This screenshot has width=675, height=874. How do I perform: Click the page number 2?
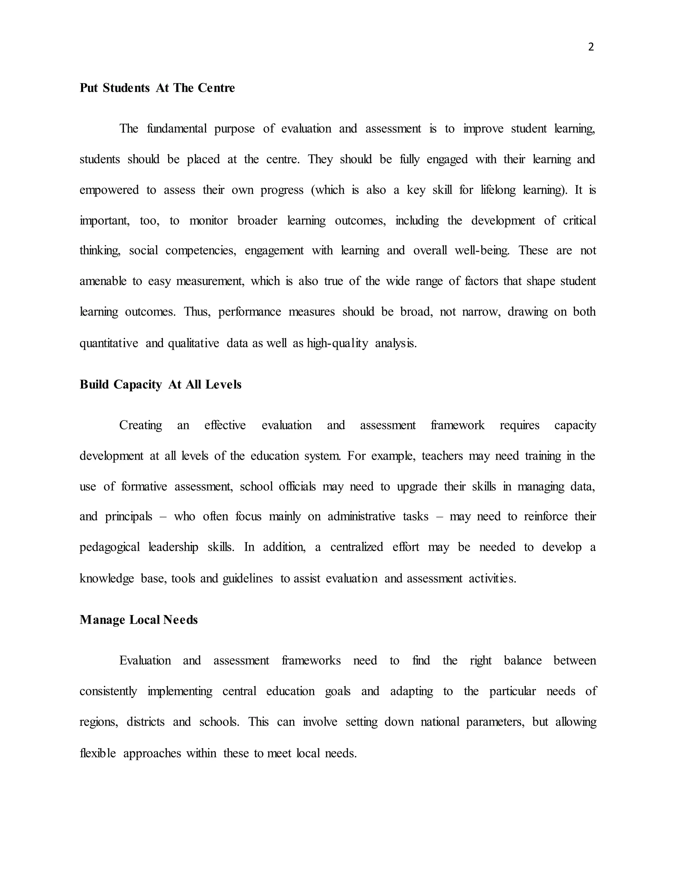pyautogui.click(x=591, y=47)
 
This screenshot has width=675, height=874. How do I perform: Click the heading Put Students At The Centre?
pyautogui.click(x=157, y=88)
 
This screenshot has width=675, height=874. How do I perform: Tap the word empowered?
pyautogui.click(x=109, y=190)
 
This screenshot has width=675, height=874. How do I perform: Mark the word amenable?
pyautogui.click(x=102, y=281)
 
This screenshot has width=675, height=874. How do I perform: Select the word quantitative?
pyautogui.click(x=109, y=343)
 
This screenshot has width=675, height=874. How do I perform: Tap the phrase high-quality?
pyautogui.click(x=337, y=343)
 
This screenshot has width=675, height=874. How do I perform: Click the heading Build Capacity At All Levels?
pyautogui.click(x=161, y=384)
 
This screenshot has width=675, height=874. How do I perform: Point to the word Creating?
pyautogui.click(x=141, y=425)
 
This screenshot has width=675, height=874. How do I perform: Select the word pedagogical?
pyautogui.click(x=109, y=547)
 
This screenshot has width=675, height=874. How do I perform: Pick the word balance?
pyautogui.click(x=523, y=660)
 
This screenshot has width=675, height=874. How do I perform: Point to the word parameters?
pyautogui.click(x=495, y=722)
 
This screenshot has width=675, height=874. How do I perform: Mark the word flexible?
pyautogui.click(x=98, y=753)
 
